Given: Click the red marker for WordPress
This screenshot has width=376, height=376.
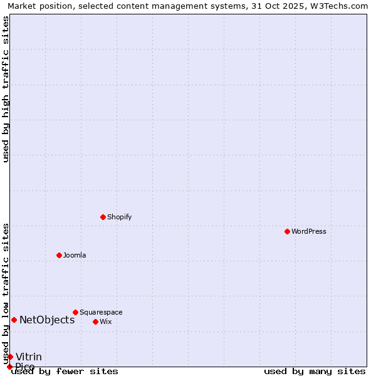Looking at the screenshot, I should point(287,231).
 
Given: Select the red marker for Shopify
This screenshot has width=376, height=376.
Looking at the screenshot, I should point(103,217).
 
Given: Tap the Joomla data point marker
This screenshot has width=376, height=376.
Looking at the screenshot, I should point(59,255).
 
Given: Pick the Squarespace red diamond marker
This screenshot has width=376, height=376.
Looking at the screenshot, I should point(75,312).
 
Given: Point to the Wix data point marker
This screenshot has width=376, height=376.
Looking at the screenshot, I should point(95,321).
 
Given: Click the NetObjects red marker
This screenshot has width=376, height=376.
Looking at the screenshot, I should point(14,320).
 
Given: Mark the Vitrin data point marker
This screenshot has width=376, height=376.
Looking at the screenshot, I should point(10,357).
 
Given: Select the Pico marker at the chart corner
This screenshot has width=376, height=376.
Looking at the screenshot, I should point(9,367).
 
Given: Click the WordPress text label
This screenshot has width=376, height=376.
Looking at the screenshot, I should point(309,231).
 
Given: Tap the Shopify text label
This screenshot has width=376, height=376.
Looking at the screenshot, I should point(120,217).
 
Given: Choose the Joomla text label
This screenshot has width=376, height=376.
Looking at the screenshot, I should point(75,255).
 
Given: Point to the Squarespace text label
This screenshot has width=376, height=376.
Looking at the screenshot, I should point(101,312).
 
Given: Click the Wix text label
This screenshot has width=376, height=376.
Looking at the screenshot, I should point(106,321).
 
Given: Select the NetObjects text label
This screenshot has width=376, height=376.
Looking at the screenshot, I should point(47,320).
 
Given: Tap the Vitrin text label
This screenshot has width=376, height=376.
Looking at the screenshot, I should point(29,357).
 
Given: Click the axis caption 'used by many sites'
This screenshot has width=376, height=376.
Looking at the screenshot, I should point(315,371).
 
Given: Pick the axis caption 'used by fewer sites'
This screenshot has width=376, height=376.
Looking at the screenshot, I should point(65,371).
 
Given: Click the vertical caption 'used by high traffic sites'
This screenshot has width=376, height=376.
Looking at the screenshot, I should point(6,89).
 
